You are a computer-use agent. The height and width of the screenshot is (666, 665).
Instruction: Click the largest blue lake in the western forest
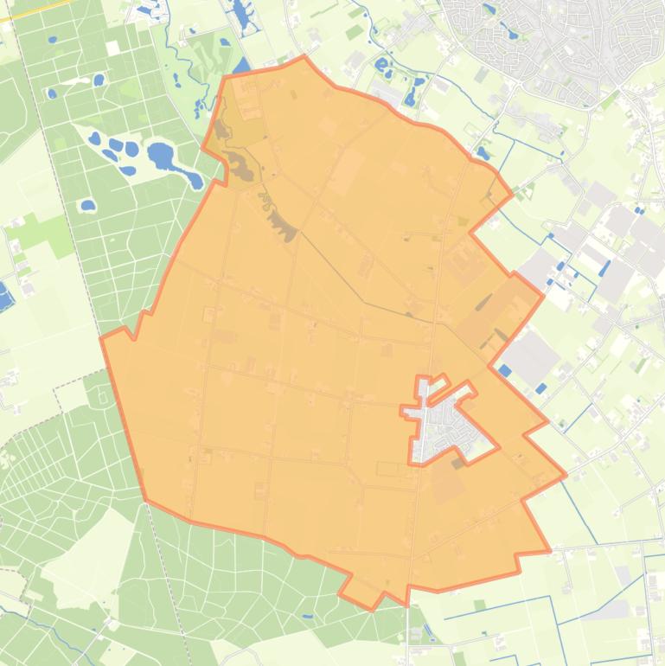pos(161,157)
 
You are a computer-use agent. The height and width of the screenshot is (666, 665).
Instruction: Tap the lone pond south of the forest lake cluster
pos(87,206)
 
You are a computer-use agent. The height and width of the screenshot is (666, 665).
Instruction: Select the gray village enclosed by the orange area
pos(444,424)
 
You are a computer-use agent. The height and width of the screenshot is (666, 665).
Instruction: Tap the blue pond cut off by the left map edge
pos(4,296)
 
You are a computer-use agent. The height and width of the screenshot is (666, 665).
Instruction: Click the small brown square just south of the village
pos(457,463)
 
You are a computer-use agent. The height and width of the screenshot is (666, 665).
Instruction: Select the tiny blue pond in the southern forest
pos(307,617)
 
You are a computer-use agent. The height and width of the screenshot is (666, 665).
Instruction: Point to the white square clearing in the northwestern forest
pos(112,48)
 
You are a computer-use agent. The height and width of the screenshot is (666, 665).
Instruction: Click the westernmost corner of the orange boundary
pos(101,337)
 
